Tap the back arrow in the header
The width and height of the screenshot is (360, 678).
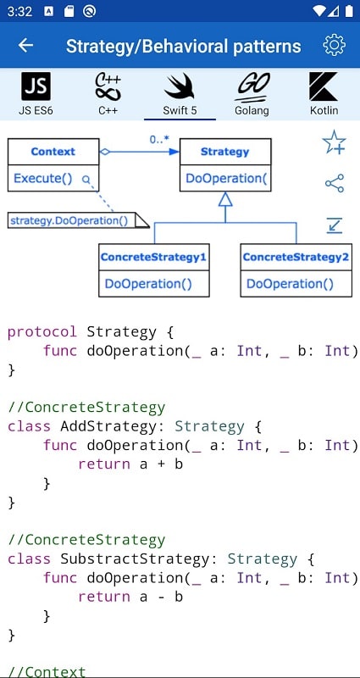pyautogui.click(x=26, y=46)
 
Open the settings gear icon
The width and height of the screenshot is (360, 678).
pyautogui.click(x=335, y=46)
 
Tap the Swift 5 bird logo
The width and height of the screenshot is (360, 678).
pyautogui.click(x=179, y=87)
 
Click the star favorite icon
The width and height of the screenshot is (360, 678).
pyautogui.click(x=334, y=142)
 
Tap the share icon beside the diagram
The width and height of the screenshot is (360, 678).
pyautogui.click(x=334, y=183)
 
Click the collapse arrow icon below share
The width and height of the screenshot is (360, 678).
pyautogui.click(x=334, y=225)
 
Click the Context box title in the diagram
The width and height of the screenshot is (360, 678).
pyautogui.click(x=53, y=152)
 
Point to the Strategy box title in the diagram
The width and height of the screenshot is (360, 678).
pyautogui.click(x=224, y=152)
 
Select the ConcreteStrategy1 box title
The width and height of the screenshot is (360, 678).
pyautogui.click(x=153, y=256)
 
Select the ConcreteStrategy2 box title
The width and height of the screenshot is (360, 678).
pyautogui.click(x=295, y=256)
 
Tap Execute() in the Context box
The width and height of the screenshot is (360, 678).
pyautogui.click(x=44, y=179)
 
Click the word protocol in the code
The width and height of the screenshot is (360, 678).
pyautogui.click(x=42, y=331)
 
